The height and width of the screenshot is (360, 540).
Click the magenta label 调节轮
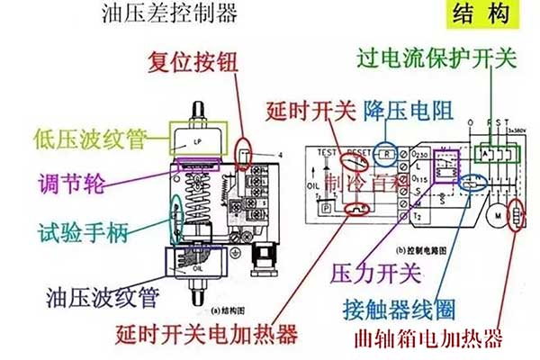pos(71,184)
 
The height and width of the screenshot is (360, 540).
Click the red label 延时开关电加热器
pos(206,336)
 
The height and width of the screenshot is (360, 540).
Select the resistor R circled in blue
pos(386,154)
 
